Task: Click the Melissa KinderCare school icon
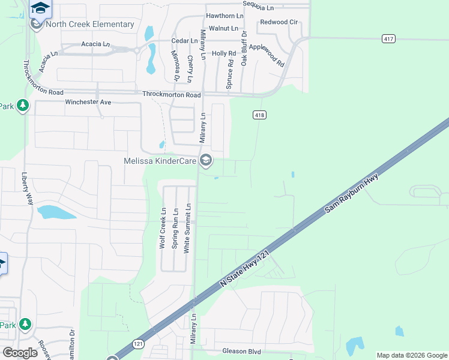pos(206,160)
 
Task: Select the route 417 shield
pos(388,38)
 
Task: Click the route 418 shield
pos(259,115)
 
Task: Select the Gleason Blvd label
pos(241,351)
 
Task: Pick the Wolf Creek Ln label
pos(162,228)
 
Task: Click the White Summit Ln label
pos(187,227)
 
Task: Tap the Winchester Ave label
pos(88,102)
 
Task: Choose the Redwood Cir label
pos(279,22)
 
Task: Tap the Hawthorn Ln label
pos(224,15)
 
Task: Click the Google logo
pos(20,353)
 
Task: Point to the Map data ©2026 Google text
pos(411,355)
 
